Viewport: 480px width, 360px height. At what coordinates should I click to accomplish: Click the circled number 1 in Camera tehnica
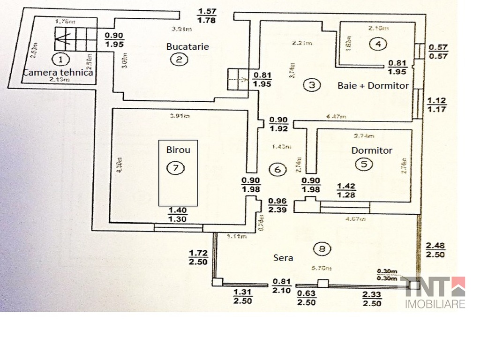pyautogui.click(x=60, y=60)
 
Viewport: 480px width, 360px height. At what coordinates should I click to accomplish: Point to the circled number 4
pyautogui.click(x=377, y=44)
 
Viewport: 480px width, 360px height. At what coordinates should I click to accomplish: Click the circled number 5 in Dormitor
pyautogui.click(x=364, y=164)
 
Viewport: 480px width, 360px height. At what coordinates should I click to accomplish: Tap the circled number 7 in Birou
pyautogui.click(x=175, y=169)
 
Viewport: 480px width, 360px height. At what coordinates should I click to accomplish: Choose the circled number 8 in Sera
pyautogui.click(x=322, y=249)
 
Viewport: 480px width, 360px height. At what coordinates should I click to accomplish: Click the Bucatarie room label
pyautogui.click(x=187, y=46)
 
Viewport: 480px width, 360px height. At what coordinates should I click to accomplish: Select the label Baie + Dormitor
pyautogui.click(x=373, y=86)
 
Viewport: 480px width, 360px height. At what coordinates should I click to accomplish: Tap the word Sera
pyautogui.click(x=283, y=258)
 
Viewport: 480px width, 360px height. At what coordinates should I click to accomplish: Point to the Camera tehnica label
pyautogui.click(x=58, y=73)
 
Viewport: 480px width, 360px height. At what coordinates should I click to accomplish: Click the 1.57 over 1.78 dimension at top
pyautogui.click(x=207, y=15)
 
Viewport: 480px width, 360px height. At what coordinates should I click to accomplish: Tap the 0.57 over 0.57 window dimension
pyautogui.click(x=439, y=52)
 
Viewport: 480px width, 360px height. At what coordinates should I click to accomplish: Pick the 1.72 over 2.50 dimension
pyautogui.click(x=198, y=257)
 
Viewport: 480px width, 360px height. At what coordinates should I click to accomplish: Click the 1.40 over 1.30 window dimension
pyautogui.click(x=178, y=215)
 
